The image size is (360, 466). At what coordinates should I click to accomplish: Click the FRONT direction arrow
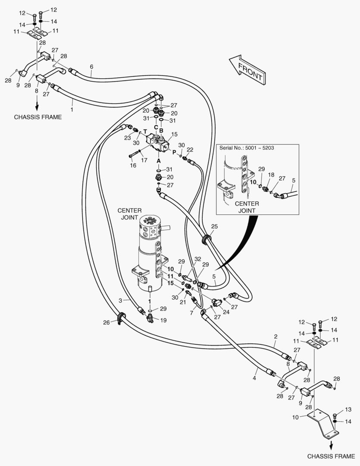(247, 70)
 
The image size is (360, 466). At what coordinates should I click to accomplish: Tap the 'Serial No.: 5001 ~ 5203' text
(247, 148)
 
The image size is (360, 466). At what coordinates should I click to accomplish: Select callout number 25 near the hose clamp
(214, 227)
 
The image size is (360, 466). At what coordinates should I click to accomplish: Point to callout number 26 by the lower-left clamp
(106, 322)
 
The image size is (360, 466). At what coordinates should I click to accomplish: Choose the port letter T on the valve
(145, 131)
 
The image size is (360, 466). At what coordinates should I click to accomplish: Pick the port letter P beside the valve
(175, 152)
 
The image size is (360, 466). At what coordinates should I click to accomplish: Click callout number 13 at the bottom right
(348, 409)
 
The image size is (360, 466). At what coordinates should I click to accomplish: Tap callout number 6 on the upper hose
(91, 66)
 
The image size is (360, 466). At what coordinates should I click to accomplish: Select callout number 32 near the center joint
(198, 259)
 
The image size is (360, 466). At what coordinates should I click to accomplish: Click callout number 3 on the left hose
(120, 300)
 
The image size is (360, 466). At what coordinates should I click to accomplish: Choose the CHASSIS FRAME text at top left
(38, 117)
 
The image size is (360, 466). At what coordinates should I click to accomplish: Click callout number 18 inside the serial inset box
(271, 175)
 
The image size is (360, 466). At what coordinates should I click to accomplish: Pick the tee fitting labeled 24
(216, 302)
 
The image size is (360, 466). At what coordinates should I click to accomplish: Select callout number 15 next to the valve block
(174, 134)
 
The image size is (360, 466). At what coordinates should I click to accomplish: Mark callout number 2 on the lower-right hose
(275, 337)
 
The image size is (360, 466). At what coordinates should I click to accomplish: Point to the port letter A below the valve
(159, 161)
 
